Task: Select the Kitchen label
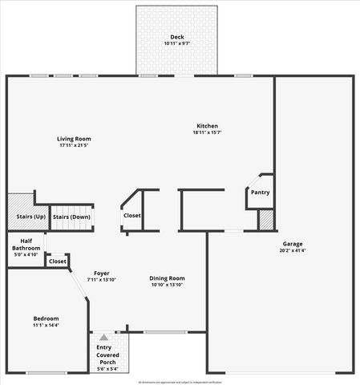click(x=207, y=126)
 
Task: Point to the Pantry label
click(x=260, y=192)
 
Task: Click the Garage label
click(x=292, y=244)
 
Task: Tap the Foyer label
click(x=101, y=273)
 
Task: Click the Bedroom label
click(x=46, y=318)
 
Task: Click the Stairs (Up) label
click(x=30, y=217)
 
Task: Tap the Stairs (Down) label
click(x=71, y=217)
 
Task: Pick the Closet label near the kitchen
click(x=132, y=216)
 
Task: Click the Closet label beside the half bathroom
click(x=58, y=261)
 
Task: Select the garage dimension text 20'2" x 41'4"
click(x=292, y=250)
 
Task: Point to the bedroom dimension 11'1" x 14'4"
click(x=46, y=325)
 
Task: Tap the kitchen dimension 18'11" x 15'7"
click(x=207, y=132)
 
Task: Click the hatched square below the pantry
click(x=265, y=219)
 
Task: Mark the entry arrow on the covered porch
click(x=103, y=336)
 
